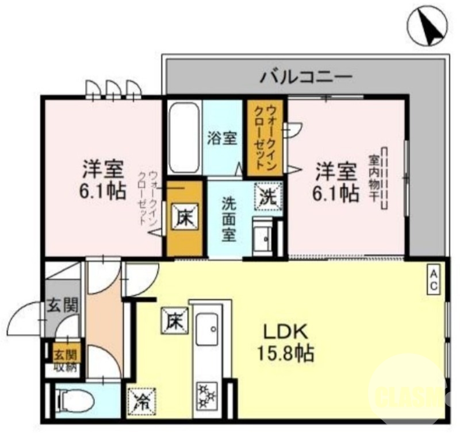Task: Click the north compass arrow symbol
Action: [428, 24]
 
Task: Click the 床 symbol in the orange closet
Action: [185, 219]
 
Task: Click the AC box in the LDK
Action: [434, 278]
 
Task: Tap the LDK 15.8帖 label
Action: [287, 342]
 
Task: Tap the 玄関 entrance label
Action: [63, 306]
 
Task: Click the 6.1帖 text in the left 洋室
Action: [103, 191]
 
